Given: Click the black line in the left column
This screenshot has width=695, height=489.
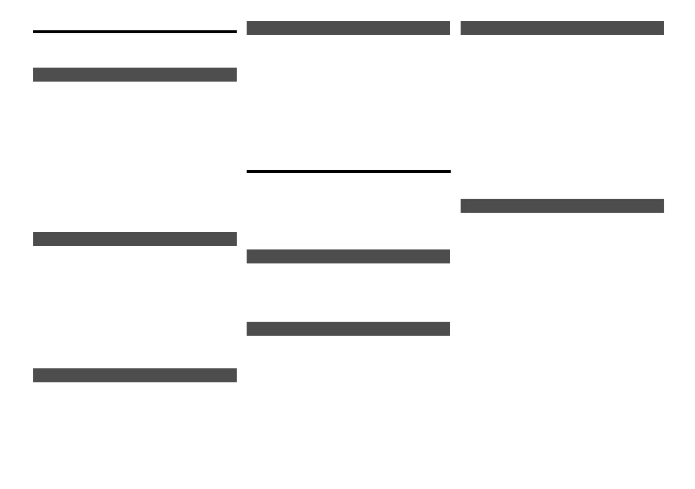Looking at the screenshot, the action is point(135,31).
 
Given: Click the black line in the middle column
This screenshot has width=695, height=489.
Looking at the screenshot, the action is point(348,171).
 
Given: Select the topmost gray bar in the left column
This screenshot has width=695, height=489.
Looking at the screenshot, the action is point(135,75).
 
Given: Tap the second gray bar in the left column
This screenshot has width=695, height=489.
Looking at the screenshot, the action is point(135,239).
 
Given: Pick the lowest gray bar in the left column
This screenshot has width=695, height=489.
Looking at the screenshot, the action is point(135,375).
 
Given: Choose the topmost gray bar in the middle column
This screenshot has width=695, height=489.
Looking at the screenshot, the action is point(348,28).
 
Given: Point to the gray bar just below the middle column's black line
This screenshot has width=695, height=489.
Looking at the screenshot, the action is point(348,256).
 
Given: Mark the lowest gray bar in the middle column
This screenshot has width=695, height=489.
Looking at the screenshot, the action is point(348,329).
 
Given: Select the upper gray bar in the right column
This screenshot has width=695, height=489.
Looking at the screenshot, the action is point(562,28).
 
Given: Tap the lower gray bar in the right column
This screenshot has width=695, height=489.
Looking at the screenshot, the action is point(562,206).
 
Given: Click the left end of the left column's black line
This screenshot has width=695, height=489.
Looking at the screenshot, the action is point(35,31).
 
